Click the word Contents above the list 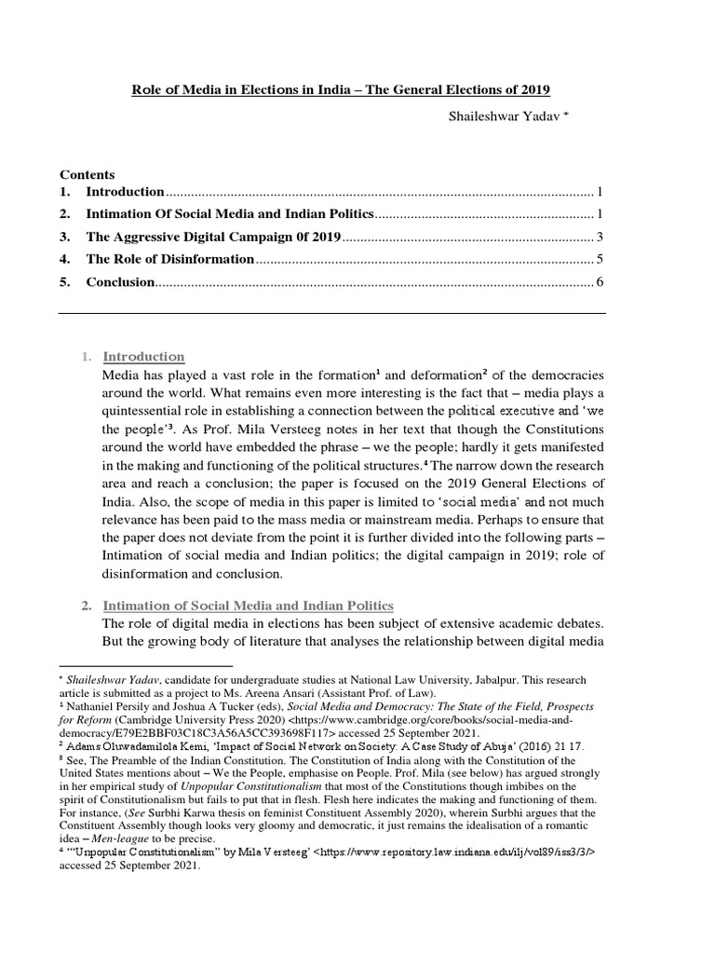88,174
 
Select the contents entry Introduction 125,192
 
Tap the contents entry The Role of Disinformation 169,259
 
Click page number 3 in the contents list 601,237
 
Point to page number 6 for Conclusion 601,281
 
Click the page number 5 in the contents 601,259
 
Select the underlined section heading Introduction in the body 143,357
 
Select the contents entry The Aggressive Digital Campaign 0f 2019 214,237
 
